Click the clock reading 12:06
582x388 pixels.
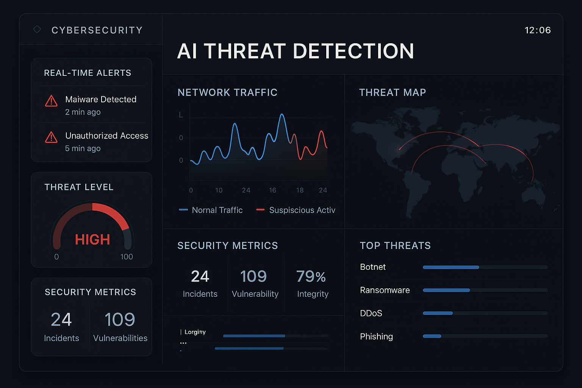coord(537,30)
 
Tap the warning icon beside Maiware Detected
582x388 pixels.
coord(51,101)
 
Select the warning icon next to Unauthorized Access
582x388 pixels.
coord(51,137)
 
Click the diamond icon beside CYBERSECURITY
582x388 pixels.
coord(37,29)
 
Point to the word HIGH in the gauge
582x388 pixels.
coord(92,239)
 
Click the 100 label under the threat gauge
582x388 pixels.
coord(127,257)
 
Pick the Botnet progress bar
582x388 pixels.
coord(485,267)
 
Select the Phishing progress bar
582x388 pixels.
coord(485,336)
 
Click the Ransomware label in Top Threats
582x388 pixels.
coord(385,290)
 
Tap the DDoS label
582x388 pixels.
coord(371,313)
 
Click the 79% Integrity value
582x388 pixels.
coord(311,277)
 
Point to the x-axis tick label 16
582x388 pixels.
coord(272,190)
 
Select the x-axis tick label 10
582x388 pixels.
coord(219,190)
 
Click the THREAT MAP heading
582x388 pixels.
coord(392,92)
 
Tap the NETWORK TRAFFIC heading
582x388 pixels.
coord(227,92)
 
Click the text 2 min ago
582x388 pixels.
coord(83,112)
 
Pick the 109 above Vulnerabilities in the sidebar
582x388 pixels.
coord(120,319)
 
